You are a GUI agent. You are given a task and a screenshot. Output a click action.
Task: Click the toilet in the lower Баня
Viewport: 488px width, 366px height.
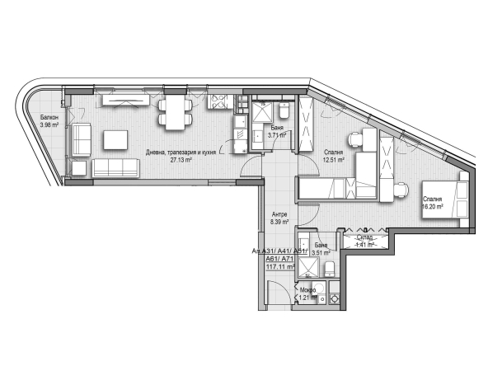click(330, 270)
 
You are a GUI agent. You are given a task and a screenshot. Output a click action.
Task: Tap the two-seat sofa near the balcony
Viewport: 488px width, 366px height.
click(82, 139)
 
